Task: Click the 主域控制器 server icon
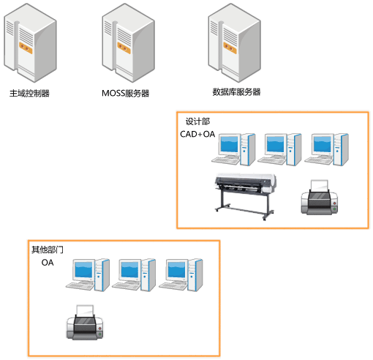click(x=30, y=42)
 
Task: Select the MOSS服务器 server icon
click(x=129, y=42)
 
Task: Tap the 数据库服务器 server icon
click(x=235, y=42)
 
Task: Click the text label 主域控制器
click(x=29, y=93)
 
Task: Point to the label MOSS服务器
click(x=125, y=93)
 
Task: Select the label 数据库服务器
click(x=236, y=92)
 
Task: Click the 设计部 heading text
click(x=197, y=121)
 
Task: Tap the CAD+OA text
click(x=197, y=134)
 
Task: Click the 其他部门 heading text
click(x=48, y=250)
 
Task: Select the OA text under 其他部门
click(x=48, y=263)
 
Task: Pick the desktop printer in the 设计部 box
click(x=320, y=198)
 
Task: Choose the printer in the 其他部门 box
click(x=85, y=322)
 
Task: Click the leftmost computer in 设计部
click(x=233, y=149)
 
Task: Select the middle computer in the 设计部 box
click(x=280, y=149)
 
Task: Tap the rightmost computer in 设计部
click(x=327, y=149)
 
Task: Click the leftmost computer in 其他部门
click(x=88, y=275)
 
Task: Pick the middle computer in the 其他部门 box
click(x=134, y=275)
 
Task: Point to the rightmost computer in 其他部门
click(x=181, y=275)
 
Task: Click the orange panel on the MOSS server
click(x=124, y=48)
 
